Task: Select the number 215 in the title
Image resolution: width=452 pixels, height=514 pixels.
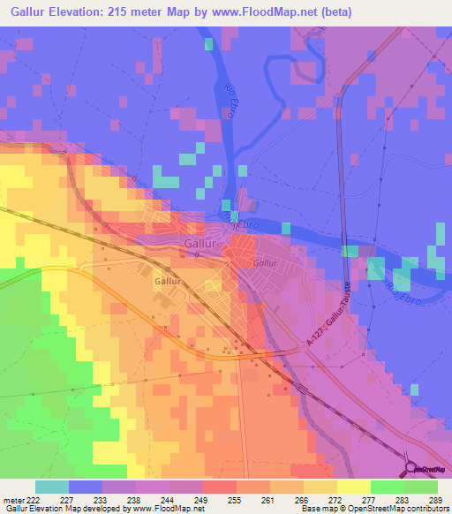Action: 154,12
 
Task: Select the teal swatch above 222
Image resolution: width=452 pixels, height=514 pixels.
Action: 52,487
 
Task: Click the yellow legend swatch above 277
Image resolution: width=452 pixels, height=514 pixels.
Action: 353,487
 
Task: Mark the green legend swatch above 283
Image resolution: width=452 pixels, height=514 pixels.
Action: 387,487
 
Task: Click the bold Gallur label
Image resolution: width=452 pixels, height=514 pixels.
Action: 168,281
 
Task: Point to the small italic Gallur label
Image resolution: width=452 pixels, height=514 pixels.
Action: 265,263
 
